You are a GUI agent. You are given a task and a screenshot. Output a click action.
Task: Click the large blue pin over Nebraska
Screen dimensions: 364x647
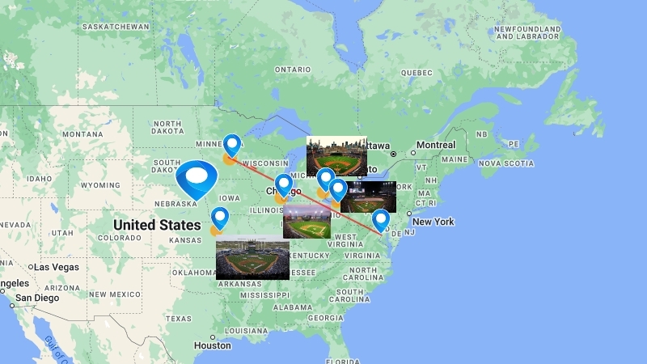click(197, 179)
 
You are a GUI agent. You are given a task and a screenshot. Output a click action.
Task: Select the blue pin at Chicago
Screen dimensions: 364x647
click(283, 185)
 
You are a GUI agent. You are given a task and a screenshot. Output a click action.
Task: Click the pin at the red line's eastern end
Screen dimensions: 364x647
click(380, 220)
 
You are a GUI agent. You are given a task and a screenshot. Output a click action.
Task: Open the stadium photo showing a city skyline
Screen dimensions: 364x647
click(336, 156)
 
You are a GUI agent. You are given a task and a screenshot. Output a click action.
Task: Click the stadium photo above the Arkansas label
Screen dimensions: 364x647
click(252, 257)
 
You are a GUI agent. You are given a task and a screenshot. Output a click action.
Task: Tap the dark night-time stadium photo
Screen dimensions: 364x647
click(368, 197)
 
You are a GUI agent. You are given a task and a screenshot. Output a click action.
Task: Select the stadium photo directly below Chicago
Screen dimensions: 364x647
click(307, 221)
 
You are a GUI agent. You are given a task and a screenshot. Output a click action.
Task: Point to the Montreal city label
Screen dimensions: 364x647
click(436, 145)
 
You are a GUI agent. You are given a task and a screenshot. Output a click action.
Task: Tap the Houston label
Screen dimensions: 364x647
click(213, 345)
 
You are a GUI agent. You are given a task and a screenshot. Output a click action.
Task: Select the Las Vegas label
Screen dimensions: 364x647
click(56, 267)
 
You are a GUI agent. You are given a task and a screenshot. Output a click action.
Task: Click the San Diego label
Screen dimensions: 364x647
click(37, 298)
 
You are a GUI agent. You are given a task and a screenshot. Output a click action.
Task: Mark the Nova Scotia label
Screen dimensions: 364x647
click(508, 163)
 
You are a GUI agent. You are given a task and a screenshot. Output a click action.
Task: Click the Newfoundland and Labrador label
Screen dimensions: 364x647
click(527, 33)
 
